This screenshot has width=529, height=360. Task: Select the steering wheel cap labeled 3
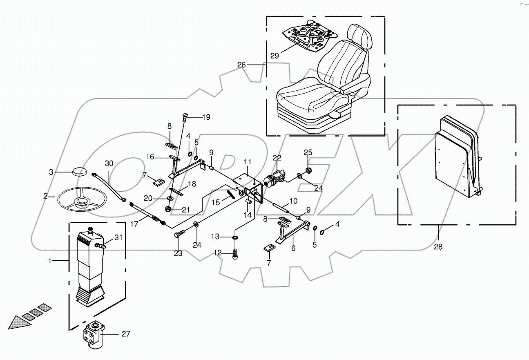[80, 171]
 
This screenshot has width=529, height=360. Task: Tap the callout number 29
[275, 56]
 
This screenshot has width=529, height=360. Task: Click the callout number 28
[438, 246]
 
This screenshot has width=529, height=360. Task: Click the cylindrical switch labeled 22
[273, 180]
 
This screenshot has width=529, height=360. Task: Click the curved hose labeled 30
[109, 187]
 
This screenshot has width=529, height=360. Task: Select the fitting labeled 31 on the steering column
[100, 246]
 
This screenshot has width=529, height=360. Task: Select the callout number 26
[242, 65]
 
